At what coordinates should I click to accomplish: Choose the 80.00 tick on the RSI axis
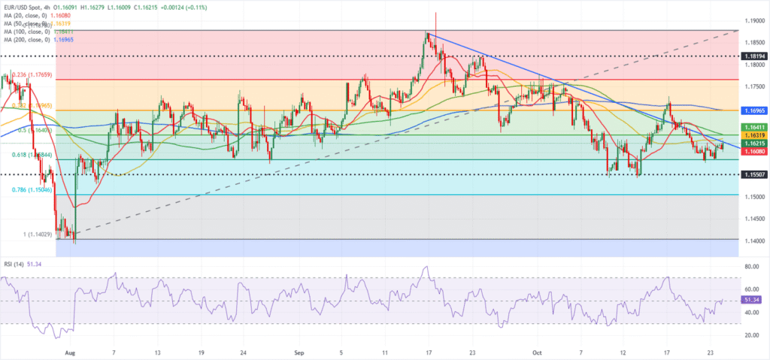tap(752, 266)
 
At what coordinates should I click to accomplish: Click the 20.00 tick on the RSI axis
tap(752, 334)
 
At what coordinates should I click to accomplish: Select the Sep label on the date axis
tap(299, 351)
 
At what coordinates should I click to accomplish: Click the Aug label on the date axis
tap(70, 351)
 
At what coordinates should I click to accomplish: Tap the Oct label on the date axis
tap(537, 351)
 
